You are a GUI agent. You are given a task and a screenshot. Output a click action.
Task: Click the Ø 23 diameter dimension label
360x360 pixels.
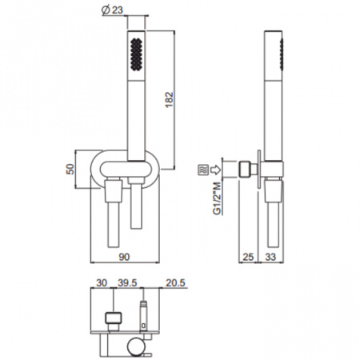click(112, 10)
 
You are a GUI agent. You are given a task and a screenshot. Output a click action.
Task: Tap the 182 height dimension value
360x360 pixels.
click(170, 100)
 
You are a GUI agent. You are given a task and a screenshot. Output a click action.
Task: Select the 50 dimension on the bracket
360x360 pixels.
click(70, 169)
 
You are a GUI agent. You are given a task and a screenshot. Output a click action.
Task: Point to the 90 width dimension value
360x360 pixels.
click(124, 257)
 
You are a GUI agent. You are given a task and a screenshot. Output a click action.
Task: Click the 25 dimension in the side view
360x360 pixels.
click(248, 257)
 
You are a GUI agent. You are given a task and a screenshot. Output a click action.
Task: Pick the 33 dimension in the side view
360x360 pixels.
click(270, 257)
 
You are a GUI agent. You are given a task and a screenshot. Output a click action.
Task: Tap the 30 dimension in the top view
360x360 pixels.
click(102, 282)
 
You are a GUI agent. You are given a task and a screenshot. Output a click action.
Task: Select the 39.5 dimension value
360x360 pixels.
click(127, 282)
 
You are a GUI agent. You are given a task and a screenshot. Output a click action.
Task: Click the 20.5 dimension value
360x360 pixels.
click(175, 282)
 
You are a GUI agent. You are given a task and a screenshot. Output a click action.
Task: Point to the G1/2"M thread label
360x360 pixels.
click(217, 198)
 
